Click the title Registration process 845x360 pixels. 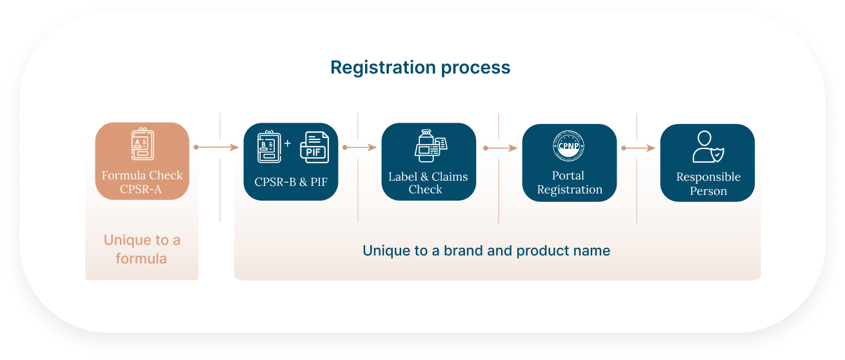420,68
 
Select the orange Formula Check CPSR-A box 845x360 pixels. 142,161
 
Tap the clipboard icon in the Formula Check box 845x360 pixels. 141,146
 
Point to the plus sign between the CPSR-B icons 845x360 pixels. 288,141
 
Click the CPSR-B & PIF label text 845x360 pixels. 291,182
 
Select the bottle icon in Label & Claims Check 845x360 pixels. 426,146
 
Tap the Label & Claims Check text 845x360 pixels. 428,183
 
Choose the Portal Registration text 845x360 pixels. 570,183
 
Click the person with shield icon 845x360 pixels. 706,147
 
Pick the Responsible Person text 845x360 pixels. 708,184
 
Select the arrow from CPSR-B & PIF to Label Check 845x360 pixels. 360,148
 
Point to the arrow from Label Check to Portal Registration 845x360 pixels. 500,148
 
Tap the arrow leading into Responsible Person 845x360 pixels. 639,148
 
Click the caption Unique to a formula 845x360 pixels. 142,249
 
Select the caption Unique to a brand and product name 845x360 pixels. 486,250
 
